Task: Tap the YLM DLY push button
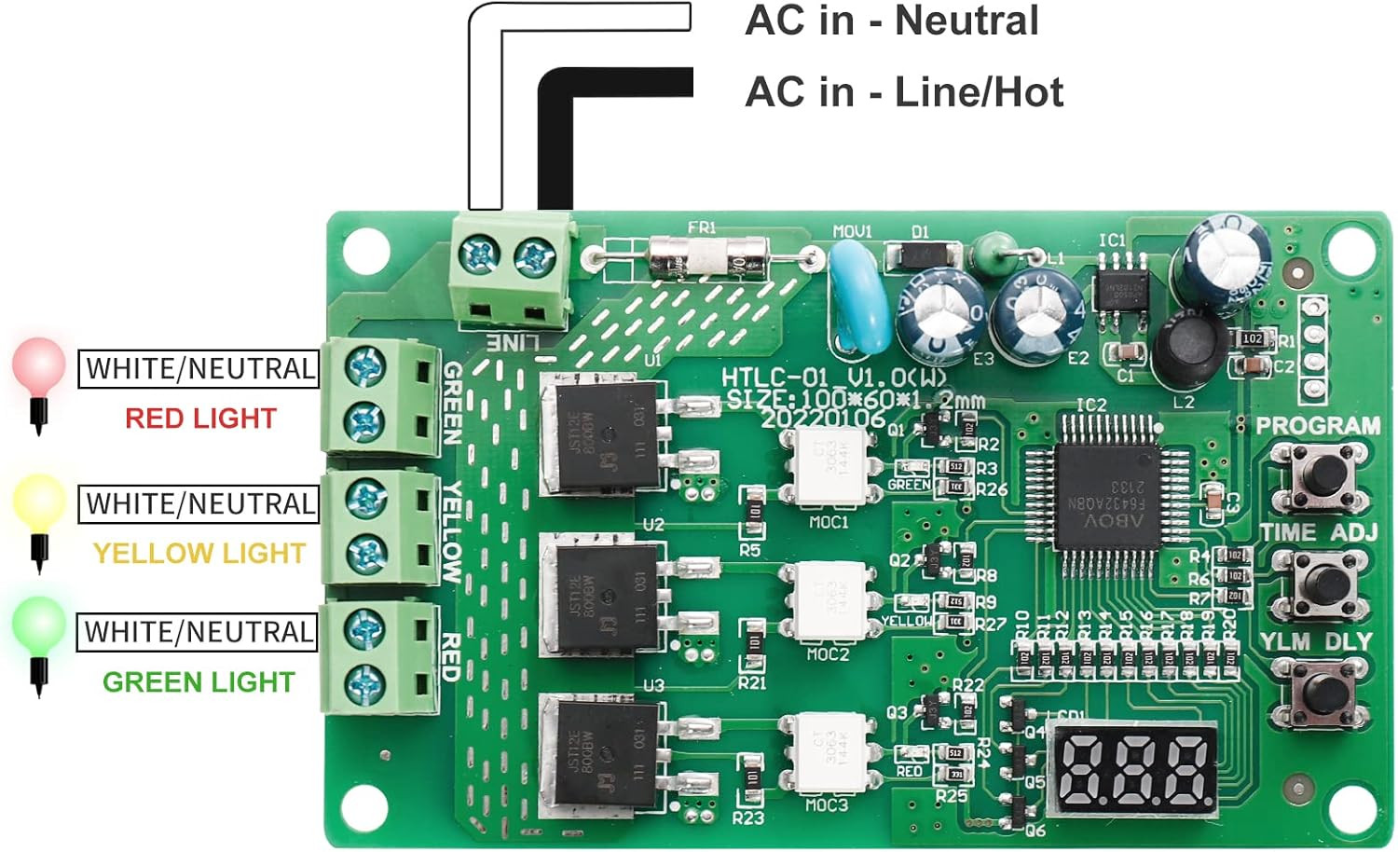[x=1323, y=692]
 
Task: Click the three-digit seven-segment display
[x=1134, y=766]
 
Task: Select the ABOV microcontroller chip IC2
[x=1107, y=493]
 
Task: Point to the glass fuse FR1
[x=707, y=256]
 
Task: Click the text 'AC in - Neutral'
[x=891, y=21]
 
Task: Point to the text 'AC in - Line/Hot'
[x=903, y=92]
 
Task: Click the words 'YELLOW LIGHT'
[x=199, y=554]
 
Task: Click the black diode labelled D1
[x=920, y=254]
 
